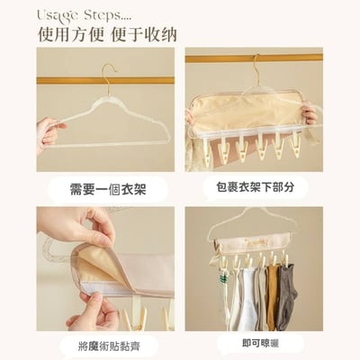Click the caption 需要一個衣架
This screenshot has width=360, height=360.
[x=105, y=189]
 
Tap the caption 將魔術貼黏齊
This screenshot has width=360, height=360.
[x=105, y=345]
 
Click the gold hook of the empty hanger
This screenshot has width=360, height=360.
[x=109, y=71]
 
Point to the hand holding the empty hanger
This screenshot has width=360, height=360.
[x=49, y=133]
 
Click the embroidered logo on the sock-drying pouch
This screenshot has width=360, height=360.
[x=252, y=242]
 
